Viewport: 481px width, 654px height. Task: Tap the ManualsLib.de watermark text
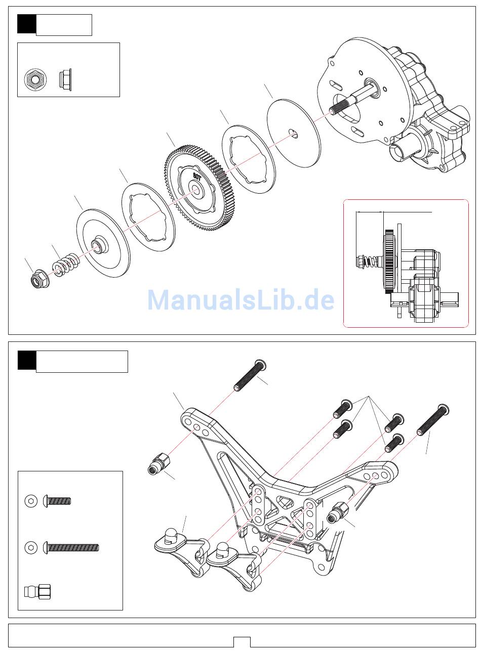coord(240,300)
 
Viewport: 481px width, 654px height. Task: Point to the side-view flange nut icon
coord(65,78)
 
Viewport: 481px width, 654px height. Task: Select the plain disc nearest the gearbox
coord(294,133)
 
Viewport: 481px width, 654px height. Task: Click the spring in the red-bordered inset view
coord(370,260)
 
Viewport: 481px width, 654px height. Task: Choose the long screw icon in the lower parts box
coord(71,547)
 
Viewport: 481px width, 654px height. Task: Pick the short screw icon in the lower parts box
coord(57,501)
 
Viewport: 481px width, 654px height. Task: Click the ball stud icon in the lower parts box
coord(38,591)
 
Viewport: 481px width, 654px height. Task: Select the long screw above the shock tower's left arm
coord(250,375)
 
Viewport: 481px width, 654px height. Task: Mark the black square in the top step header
coord(26,24)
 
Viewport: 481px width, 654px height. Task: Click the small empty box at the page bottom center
coord(242,642)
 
